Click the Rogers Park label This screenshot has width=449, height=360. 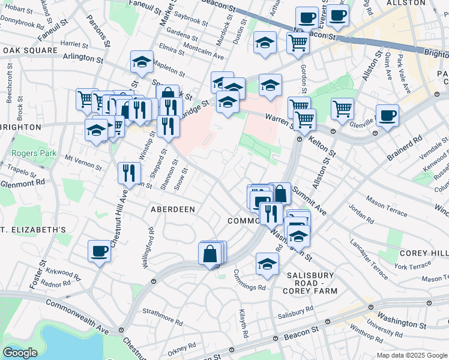coord(34,154)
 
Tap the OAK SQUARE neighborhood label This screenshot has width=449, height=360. coord(26,50)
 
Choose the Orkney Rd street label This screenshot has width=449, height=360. coord(182,346)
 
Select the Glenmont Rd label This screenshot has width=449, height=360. coord(23,182)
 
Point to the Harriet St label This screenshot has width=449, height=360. coord(74,44)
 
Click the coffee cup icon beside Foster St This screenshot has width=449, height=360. coord(99,251)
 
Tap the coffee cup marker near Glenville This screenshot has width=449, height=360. coord(387,115)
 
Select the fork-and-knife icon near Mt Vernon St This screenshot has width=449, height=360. coord(129,173)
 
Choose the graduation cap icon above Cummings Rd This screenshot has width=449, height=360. coord(267,263)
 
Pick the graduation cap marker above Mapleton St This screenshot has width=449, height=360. coord(142,61)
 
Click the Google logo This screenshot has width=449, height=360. coord(20,353)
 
